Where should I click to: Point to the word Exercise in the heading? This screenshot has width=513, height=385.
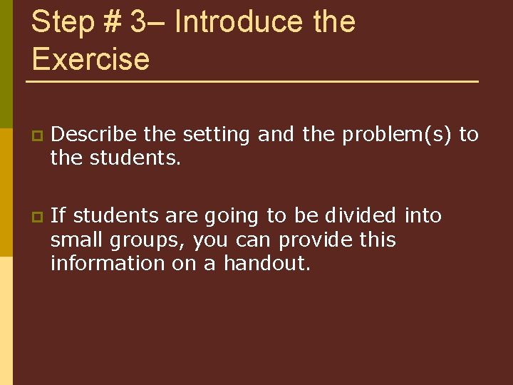click(90, 58)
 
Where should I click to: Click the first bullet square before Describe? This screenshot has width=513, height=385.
click(35, 135)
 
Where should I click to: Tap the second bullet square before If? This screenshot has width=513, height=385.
click(35, 216)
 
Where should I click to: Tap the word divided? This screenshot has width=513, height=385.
click(362, 215)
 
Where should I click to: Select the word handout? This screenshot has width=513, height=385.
click(267, 263)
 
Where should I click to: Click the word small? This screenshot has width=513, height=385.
click(73, 240)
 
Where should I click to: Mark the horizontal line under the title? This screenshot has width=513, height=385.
click(252, 82)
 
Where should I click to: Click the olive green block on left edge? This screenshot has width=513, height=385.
click(6, 64)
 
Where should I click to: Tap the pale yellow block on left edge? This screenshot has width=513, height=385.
click(6, 321)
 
